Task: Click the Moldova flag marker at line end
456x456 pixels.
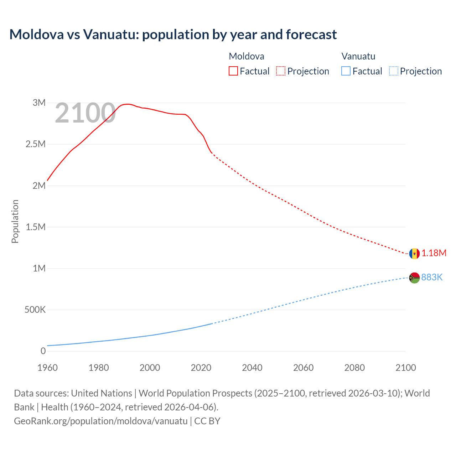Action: point(414,254)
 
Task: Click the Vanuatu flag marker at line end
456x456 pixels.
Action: point(414,278)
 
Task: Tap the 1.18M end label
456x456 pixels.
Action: point(434,253)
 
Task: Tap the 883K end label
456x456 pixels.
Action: point(432,277)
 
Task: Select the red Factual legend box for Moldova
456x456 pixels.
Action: point(233,71)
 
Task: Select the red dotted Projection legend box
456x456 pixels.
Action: point(281,71)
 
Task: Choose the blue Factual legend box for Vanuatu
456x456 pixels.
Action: point(346,71)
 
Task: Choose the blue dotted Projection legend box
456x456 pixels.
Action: point(393,71)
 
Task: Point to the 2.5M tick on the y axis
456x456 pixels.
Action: point(36,144)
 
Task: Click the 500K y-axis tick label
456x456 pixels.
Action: point(35,310)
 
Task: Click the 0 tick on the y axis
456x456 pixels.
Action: point(43,351)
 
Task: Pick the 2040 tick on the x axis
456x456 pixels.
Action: point(252,368)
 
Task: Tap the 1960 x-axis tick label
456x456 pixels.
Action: point(47,368)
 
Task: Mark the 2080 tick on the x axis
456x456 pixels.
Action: point(354,368)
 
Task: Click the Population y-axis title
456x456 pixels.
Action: point(15,221)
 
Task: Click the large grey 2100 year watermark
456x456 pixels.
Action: point(85,113)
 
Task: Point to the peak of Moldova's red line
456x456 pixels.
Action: point(128,104)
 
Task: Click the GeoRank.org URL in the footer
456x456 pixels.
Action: point(100,421)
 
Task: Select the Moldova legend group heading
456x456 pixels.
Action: point(246,56)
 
